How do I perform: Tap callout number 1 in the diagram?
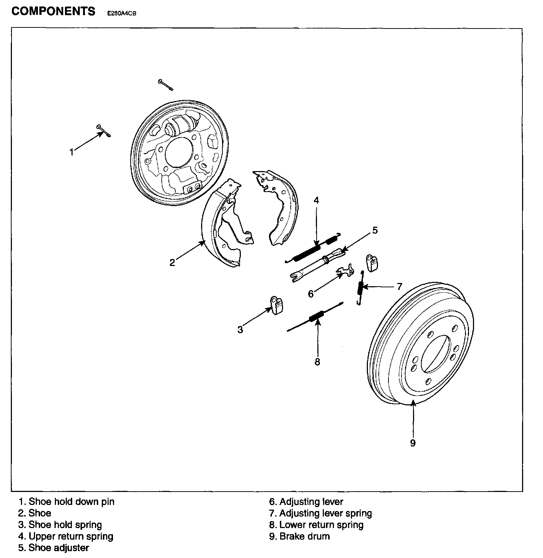[71, 152]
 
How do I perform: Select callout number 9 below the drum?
[413, 443]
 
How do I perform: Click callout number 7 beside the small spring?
[399, 287]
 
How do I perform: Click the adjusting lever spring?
[360, 288]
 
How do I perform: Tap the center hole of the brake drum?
[435, 354]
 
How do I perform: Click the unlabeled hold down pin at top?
[165, 85]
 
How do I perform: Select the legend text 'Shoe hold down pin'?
[71, 502]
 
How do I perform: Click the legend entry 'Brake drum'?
[304, 536]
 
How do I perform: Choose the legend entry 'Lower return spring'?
[321, 525]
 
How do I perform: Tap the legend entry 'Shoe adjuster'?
[58, 548]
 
